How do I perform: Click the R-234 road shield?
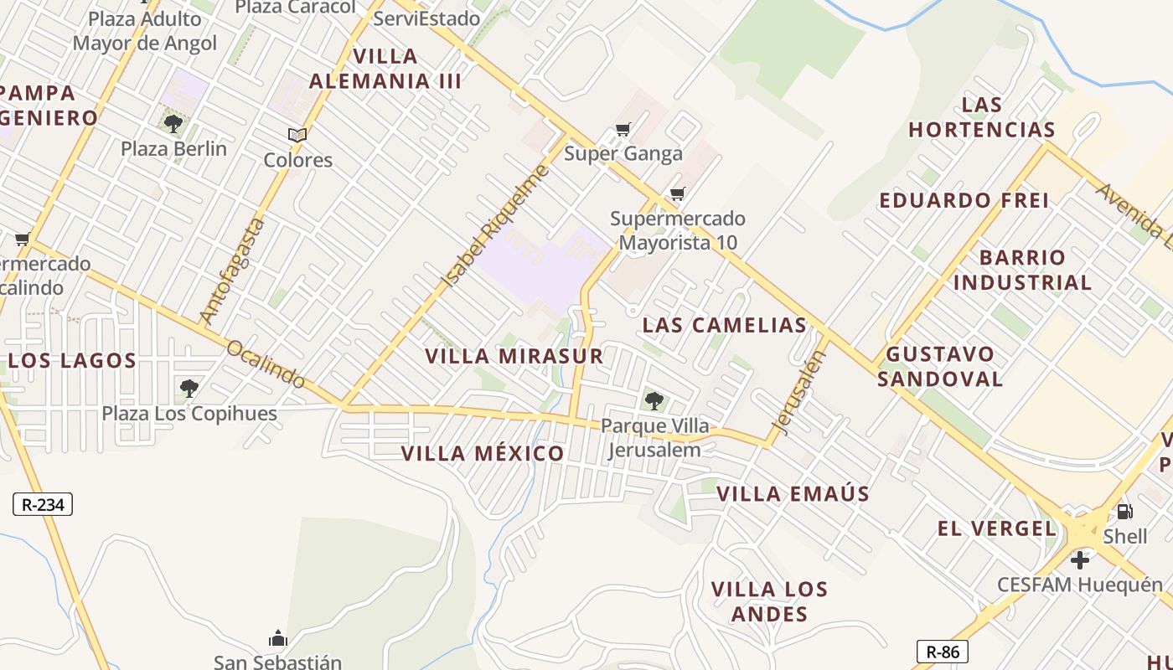click(x=43, y=504)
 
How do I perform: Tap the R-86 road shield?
click(x=943, y=652)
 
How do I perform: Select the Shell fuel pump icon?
click(x=1124, y=511)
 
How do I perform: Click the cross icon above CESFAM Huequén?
click(x=1080, y=559)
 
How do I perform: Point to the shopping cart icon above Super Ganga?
click(x=623, y=129)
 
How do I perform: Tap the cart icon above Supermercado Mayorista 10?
click(x=678, y=194)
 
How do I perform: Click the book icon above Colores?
click(x=297, y=135)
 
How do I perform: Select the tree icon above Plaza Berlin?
click(x=173, y=125)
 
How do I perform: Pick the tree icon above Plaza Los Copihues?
click(x=189, y=389)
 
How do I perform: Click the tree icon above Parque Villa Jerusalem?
click(x=654, y=401)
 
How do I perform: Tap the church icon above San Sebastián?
click(x=278, y=638)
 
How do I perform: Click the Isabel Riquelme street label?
click(x=495, y=226)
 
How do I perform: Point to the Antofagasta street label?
click(x=233, y=271)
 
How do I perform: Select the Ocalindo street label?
click(x=266, y=364)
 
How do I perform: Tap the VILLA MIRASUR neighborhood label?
click(x=514, y=356)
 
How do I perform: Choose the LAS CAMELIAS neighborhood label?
click(x=724, y=325)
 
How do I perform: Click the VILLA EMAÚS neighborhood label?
click(x=793, y=494)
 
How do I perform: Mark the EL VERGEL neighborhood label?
click(x=996, y=528)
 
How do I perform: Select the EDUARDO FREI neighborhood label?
click(x=964, y=200)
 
